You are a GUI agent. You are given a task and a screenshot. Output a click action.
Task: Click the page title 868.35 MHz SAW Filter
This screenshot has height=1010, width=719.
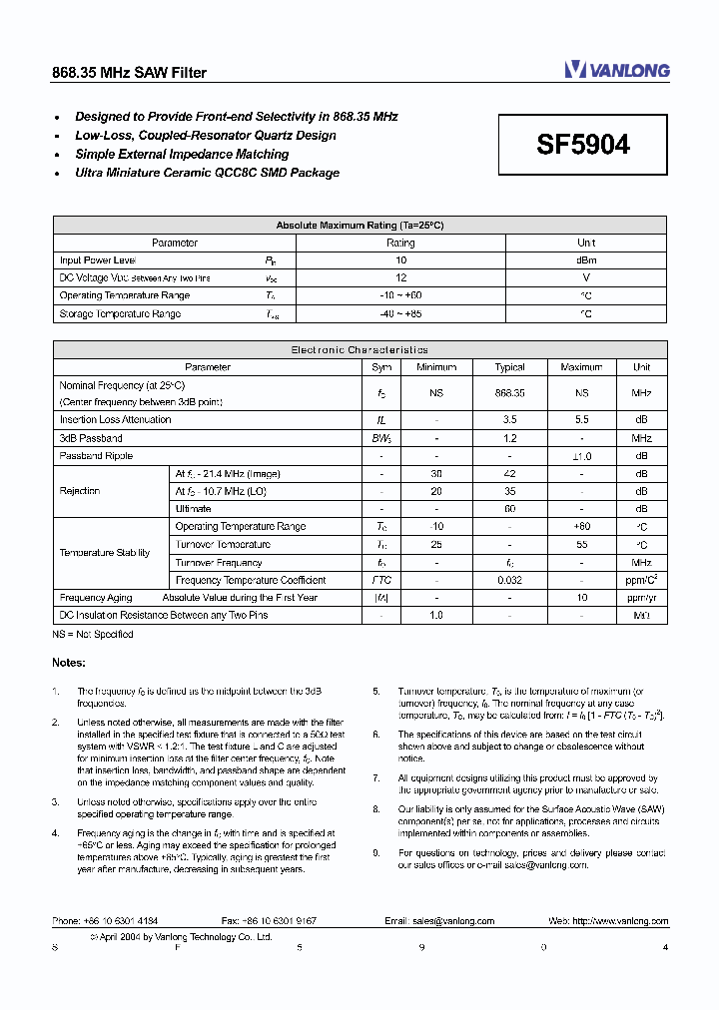click(129, 73)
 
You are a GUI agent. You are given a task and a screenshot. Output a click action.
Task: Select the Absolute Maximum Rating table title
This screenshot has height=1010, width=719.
click(359, 226)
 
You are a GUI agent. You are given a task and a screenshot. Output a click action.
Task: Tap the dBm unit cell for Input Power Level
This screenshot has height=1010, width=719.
click(586, 260)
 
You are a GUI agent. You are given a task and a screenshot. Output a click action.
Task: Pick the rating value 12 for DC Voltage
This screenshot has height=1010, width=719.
click(400, 278)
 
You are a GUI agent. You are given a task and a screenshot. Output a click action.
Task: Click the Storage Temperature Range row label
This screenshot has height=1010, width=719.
click(120, 314)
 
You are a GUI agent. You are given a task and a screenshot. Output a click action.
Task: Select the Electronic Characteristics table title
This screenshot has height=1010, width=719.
click(359, 350)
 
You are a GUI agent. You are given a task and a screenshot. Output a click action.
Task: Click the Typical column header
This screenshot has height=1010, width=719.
click(509, 367)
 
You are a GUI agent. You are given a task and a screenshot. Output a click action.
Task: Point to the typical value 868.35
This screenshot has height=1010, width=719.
click(509, 393)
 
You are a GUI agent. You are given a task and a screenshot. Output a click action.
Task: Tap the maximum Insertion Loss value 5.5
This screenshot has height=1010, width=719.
click(581, 420)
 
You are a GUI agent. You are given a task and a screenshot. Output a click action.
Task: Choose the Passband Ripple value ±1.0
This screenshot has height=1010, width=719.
click(581, 456)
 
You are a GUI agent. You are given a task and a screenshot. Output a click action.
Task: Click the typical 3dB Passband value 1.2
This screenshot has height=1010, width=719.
click(509, 438)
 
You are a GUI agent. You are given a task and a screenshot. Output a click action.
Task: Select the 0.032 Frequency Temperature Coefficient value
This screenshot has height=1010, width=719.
click(509, 580)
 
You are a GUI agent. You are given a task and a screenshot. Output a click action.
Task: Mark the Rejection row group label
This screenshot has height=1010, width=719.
click(80, 491)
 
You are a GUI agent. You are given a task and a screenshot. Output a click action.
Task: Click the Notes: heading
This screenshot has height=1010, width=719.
click(69, 663)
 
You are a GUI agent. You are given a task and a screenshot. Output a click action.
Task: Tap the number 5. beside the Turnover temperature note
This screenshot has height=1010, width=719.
click(376, 691)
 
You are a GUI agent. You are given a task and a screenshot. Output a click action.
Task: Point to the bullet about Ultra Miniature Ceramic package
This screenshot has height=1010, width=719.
click(207, 173)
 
